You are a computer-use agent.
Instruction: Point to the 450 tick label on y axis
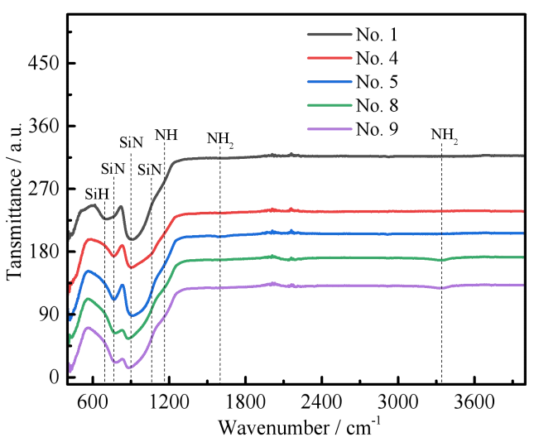(x=44, y=63)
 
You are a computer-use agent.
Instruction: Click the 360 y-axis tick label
(x=44, y=126)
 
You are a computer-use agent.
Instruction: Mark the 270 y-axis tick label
(x=44, y=189)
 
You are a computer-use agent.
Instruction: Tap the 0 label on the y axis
(x=55, y=377)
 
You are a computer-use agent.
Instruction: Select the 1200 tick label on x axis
(x=170, y=401)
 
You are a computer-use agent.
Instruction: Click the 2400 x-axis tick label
(x=322, y=401)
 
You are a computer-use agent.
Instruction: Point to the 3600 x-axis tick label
(x=474, y=401)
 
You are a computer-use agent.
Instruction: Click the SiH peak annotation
(x=97, y=195)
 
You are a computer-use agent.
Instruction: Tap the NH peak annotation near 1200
(x=166, y=135)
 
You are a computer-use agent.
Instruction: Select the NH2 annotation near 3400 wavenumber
(x=445, y=136)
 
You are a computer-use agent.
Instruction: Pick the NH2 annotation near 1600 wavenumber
(x=220, y=139)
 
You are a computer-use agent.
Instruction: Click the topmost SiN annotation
(x=131, y=142)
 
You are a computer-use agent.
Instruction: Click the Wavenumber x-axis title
(x=300, y=427)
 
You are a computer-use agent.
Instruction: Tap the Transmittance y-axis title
(x=14, y=201)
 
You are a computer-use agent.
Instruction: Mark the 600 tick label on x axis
(x=94, y=401)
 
